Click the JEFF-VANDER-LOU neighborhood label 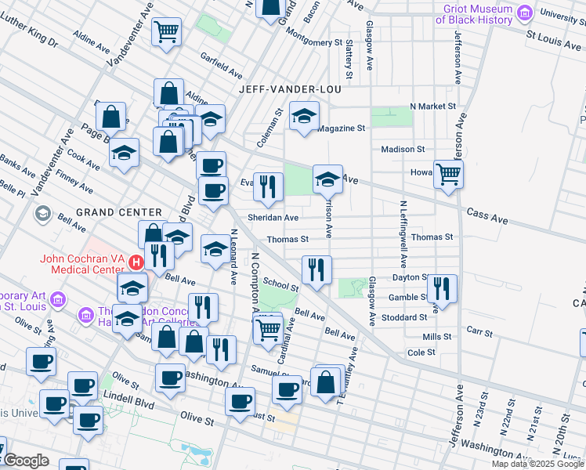point(291,89)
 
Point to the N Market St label point(432,106)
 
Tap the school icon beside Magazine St point(304,117)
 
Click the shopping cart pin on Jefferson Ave point(448,173)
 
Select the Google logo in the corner point(26,461)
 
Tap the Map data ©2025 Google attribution point(538,464)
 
